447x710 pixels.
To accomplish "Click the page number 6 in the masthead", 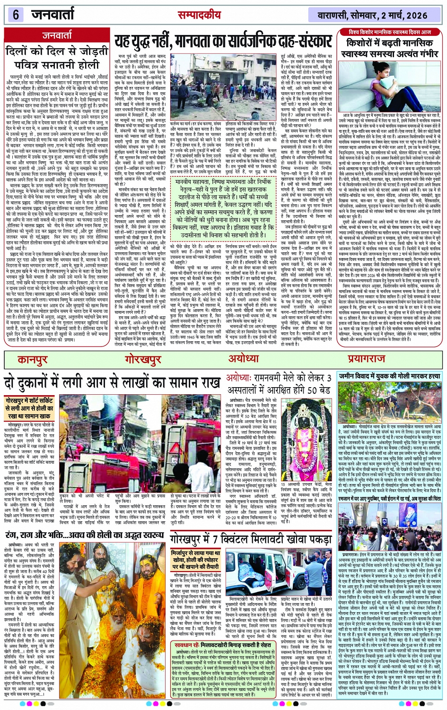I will click(16, 15).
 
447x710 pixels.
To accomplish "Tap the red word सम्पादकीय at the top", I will click(199, 15).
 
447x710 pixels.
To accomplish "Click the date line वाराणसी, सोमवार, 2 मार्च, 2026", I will click(372, 16).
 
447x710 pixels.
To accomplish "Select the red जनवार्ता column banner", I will click(58, 35).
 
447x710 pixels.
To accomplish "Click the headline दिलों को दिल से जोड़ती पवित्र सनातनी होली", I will click(57, 57).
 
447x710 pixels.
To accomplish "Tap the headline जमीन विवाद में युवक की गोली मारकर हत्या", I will click(389, 376).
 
